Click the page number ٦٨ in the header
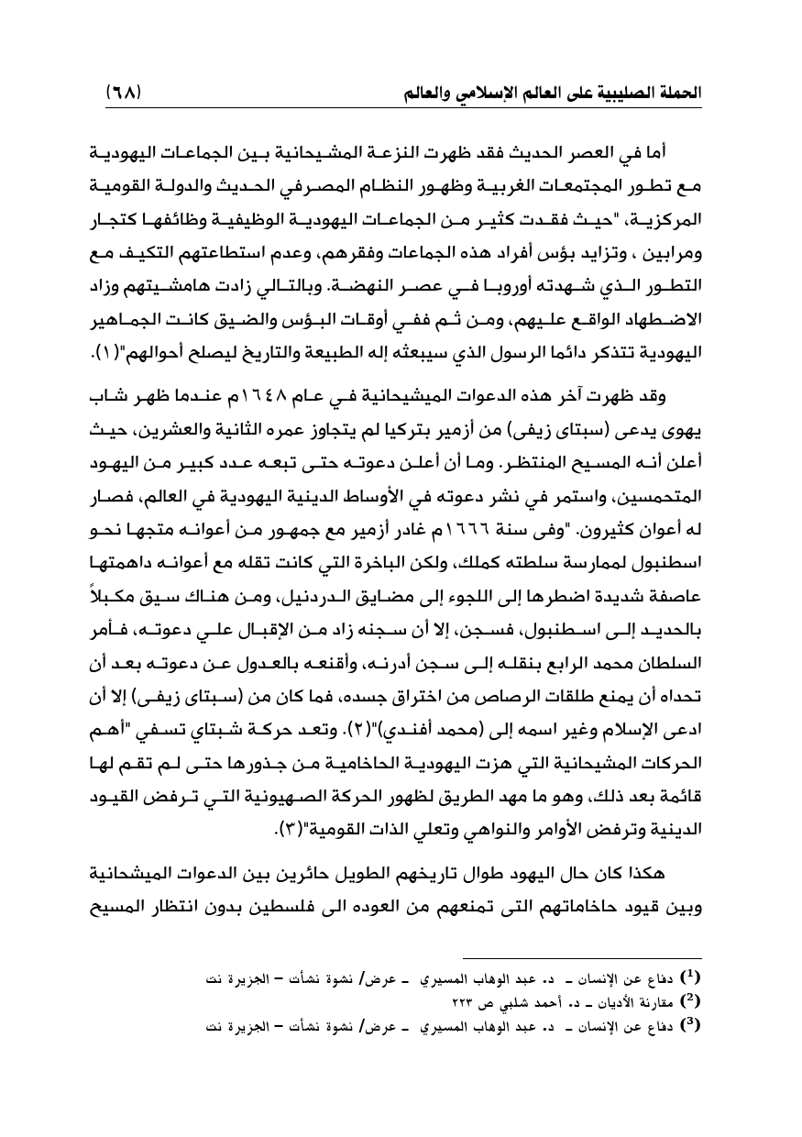(x=122, y=94)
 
